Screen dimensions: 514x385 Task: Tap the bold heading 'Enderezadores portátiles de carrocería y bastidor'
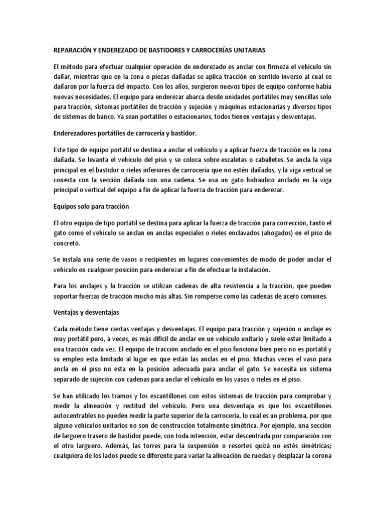(125, 133)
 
